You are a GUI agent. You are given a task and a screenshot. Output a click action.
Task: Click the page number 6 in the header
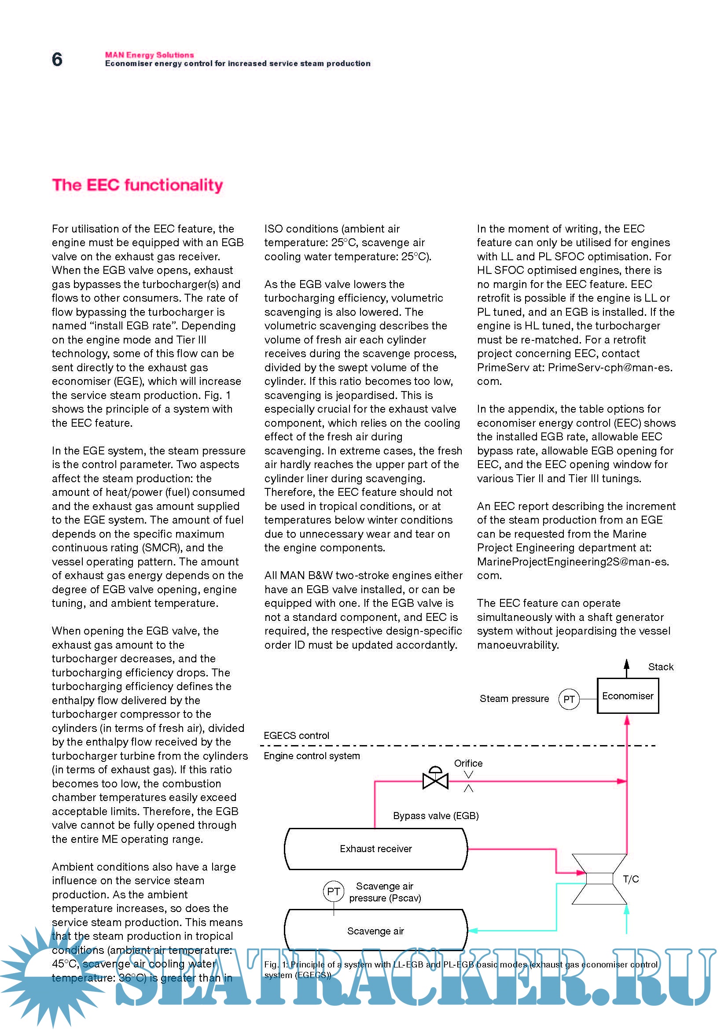57,59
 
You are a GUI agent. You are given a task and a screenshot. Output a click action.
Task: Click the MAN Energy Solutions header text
149,55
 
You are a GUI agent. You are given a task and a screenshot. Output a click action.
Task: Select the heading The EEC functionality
137,185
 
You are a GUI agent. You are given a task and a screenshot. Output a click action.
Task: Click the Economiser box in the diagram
628,696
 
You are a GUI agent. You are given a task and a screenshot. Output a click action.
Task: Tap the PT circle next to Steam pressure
569,699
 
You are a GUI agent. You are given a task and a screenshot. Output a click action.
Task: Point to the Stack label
660,667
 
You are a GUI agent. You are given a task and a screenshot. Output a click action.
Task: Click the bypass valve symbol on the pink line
435,781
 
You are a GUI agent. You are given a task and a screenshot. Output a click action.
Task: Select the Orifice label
468,763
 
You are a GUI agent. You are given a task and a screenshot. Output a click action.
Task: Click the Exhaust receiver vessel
375,849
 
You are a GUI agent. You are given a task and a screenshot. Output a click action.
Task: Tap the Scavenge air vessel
375,931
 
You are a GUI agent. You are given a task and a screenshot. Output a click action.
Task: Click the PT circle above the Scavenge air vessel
334,892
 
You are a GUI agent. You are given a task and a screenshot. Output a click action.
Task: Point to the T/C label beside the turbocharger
631,879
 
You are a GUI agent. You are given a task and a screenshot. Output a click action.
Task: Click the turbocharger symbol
599,879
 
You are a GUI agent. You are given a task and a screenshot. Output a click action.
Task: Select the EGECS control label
296,736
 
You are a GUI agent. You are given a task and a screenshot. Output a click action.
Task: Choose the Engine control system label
312,756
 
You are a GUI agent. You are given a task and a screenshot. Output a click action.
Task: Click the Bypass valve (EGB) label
436,816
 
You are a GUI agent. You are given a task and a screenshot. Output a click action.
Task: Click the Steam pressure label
514,698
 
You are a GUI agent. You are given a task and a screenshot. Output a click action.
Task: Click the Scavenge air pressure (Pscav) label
385,892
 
